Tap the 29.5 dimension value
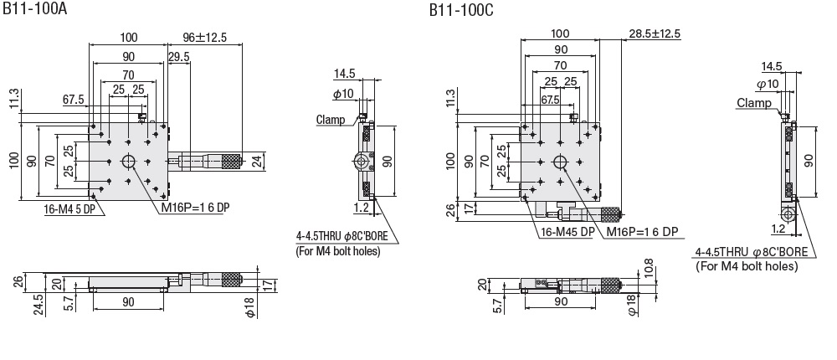(x=177, y=57)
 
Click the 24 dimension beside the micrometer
(x=256, y=160)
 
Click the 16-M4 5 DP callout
(x=73, y=210)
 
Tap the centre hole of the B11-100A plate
(x=129, y=162)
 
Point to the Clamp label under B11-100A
(x=331, y=120)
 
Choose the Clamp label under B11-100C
(x=754, y=103)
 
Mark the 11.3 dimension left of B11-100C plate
(x=452, y=98)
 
